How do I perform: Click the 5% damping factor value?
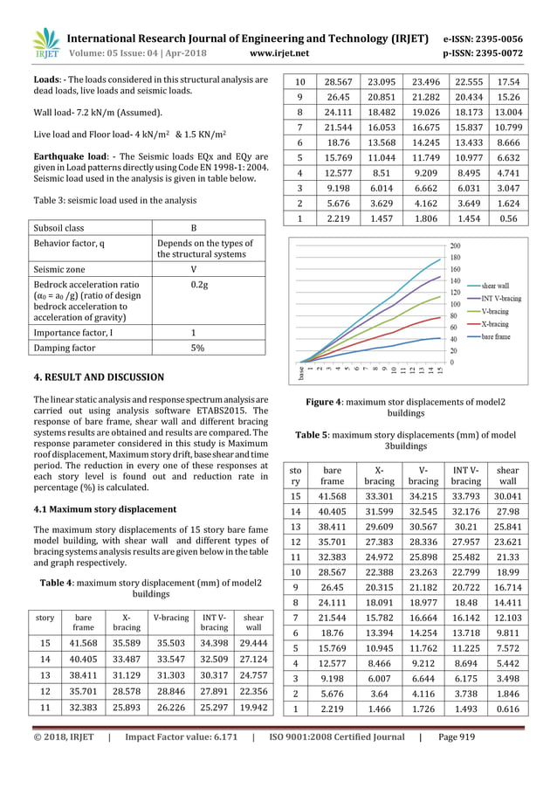[198, 348]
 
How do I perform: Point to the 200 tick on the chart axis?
[455, 245]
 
